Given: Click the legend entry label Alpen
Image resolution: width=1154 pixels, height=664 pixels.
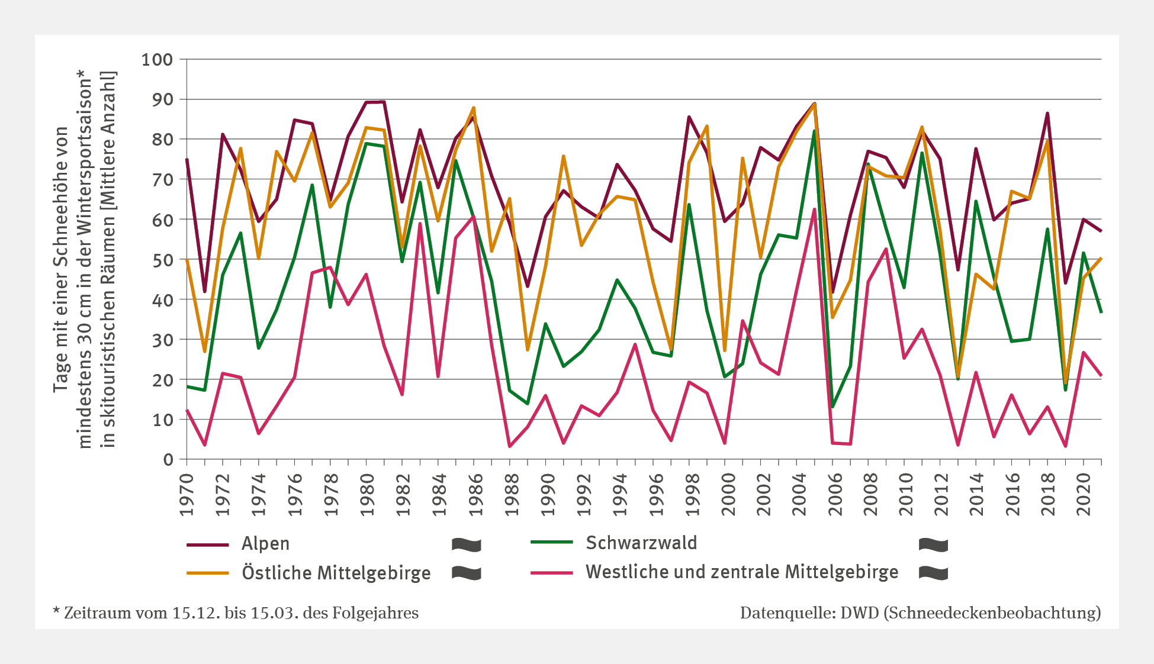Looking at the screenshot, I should coord(265,543).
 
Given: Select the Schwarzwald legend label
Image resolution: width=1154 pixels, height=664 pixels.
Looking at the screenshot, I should coord(641,543).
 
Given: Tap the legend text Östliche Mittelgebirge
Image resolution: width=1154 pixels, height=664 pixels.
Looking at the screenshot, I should coord(336,573).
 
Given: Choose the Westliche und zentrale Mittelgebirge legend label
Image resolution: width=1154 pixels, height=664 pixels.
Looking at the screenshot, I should coord(742,572).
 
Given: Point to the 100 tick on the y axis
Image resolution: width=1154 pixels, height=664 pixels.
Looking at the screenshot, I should coord(157,59).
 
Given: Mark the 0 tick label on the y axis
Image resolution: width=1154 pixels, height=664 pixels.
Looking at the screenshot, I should coord(169,459).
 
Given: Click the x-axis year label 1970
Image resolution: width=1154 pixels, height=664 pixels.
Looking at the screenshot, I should coord(187,495).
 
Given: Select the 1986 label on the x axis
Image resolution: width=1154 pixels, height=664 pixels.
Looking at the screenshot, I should coord(474,495).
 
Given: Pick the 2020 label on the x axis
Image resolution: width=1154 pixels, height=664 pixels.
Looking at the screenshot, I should coord(1084,495).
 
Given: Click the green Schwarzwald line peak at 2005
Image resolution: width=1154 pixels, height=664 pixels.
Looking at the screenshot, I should coord(814,131).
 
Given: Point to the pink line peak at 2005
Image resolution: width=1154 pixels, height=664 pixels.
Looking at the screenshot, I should coord(815,209).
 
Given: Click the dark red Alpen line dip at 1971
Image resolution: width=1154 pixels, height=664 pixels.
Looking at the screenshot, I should coord(205,292).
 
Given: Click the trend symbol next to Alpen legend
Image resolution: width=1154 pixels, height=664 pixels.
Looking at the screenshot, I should coord(466,544).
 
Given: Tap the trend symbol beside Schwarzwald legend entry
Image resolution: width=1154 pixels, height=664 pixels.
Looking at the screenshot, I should coord(933,544).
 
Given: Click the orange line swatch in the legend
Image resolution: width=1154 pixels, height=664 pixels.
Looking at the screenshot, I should coord(207,573).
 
